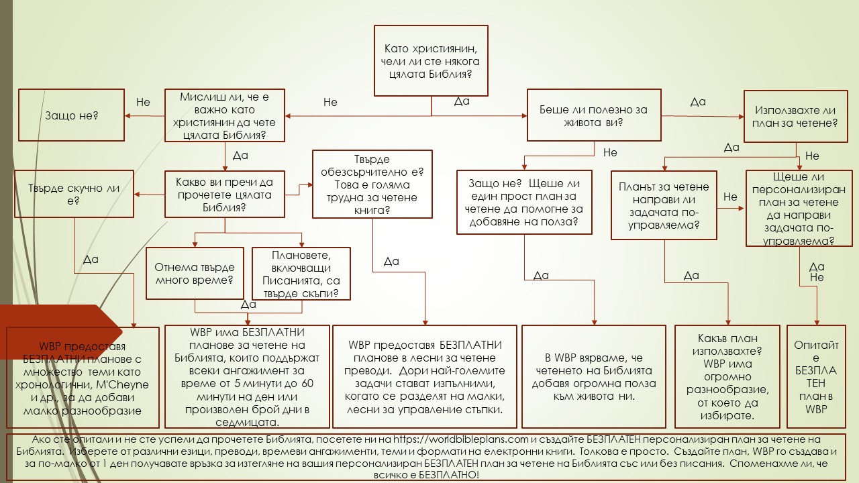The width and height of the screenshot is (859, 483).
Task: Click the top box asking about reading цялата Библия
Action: click(430, 60)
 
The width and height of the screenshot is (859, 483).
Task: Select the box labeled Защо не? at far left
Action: click(72, 115)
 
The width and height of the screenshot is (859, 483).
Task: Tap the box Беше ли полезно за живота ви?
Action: click(594, 116)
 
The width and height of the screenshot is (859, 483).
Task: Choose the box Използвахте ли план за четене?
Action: click(795, 116)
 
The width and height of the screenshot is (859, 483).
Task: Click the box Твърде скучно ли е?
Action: click(74, 195)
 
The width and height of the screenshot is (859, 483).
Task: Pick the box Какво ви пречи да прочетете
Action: click(225, 195)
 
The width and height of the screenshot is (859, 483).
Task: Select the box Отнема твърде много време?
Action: click(195, 273)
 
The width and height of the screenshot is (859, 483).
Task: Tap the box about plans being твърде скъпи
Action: click(301, 274)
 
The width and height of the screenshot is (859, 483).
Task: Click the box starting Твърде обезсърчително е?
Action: click(372, 184)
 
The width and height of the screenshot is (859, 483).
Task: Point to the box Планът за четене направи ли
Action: click(664, 205)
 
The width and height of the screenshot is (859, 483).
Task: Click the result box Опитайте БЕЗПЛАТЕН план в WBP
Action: click(816, 377)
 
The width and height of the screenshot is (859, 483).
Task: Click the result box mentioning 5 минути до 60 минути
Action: click(247, 377)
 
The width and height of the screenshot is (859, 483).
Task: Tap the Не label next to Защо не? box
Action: click(143, 103)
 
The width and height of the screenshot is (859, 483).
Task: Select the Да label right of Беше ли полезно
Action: click(698, 102)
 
